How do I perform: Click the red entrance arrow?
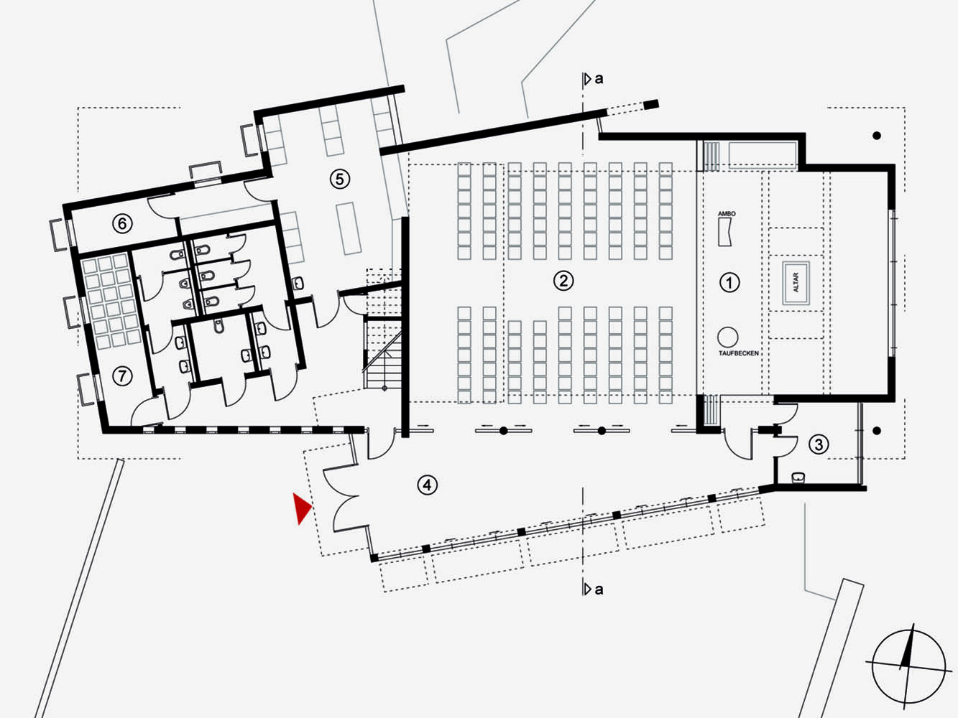[x=301, y=508]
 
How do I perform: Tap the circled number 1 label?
[x=729, y=282]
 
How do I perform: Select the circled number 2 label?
[x=563, y=281]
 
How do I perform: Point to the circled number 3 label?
[x=819, y=444]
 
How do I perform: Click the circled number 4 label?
[x=427, y=485]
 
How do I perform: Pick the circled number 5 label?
[x=339, y=179]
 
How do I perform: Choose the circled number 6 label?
[x=122, y=223]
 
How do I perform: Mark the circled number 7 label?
[x=122, y=376]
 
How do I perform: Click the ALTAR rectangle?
[x=796, y=282]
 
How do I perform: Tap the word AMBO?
[x=727, y=214]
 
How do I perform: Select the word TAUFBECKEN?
[x=739, y=353]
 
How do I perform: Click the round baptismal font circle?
[x=727, y=337]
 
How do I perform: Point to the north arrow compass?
[x=908, y=666]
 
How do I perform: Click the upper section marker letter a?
[x=599, y=79]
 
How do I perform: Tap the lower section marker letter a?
[x=599, y=589]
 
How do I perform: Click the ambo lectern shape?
[x=725, y=232]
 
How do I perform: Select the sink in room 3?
[x=798, y=477]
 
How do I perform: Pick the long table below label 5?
[x=349, y=228]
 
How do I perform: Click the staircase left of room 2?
[x=383, y=330]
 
